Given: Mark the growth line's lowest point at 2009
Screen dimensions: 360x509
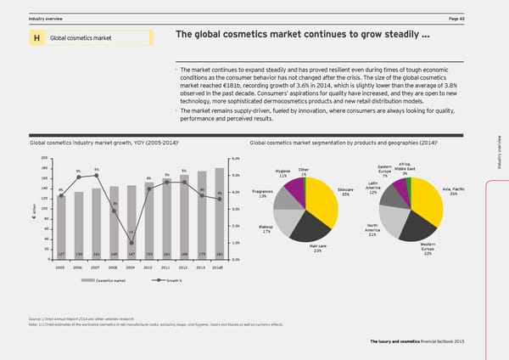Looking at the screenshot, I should click(132, 242).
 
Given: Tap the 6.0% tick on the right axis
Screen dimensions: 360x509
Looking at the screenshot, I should click(235, 159).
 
